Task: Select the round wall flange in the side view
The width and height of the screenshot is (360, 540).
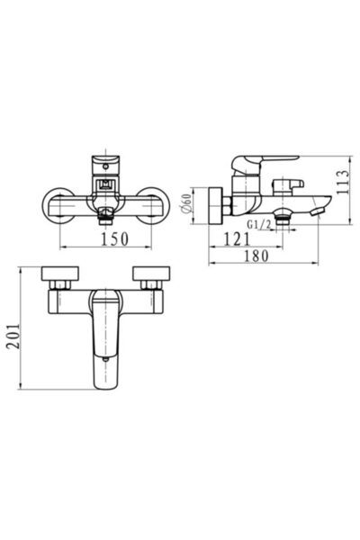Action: click(213, 204)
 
